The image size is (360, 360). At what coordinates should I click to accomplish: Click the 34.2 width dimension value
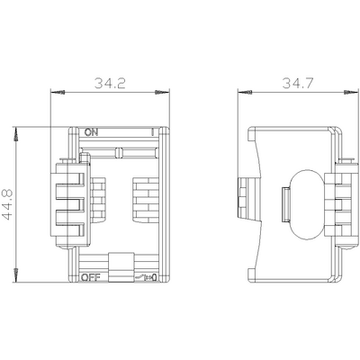point(111,85)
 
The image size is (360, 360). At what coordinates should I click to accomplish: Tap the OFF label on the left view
point(90,278)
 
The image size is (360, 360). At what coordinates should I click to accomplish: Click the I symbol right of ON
point(154,132)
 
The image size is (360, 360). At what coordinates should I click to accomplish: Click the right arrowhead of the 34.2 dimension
point(165,92)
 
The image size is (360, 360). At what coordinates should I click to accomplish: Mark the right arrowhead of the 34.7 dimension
point(348,92)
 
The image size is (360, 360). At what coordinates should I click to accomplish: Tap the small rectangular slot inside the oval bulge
point(284,203)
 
